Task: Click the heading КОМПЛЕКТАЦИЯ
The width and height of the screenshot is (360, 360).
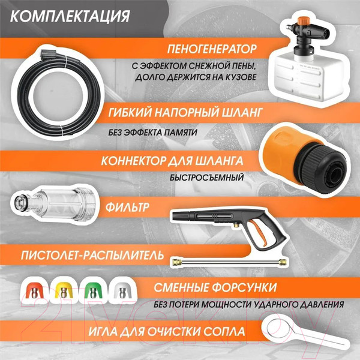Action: [x=71, y=15]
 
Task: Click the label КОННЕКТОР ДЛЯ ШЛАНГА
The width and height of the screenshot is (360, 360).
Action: [x=171, y=161]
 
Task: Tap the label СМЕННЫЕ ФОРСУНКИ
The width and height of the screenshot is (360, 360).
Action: [x=215, y=286]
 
